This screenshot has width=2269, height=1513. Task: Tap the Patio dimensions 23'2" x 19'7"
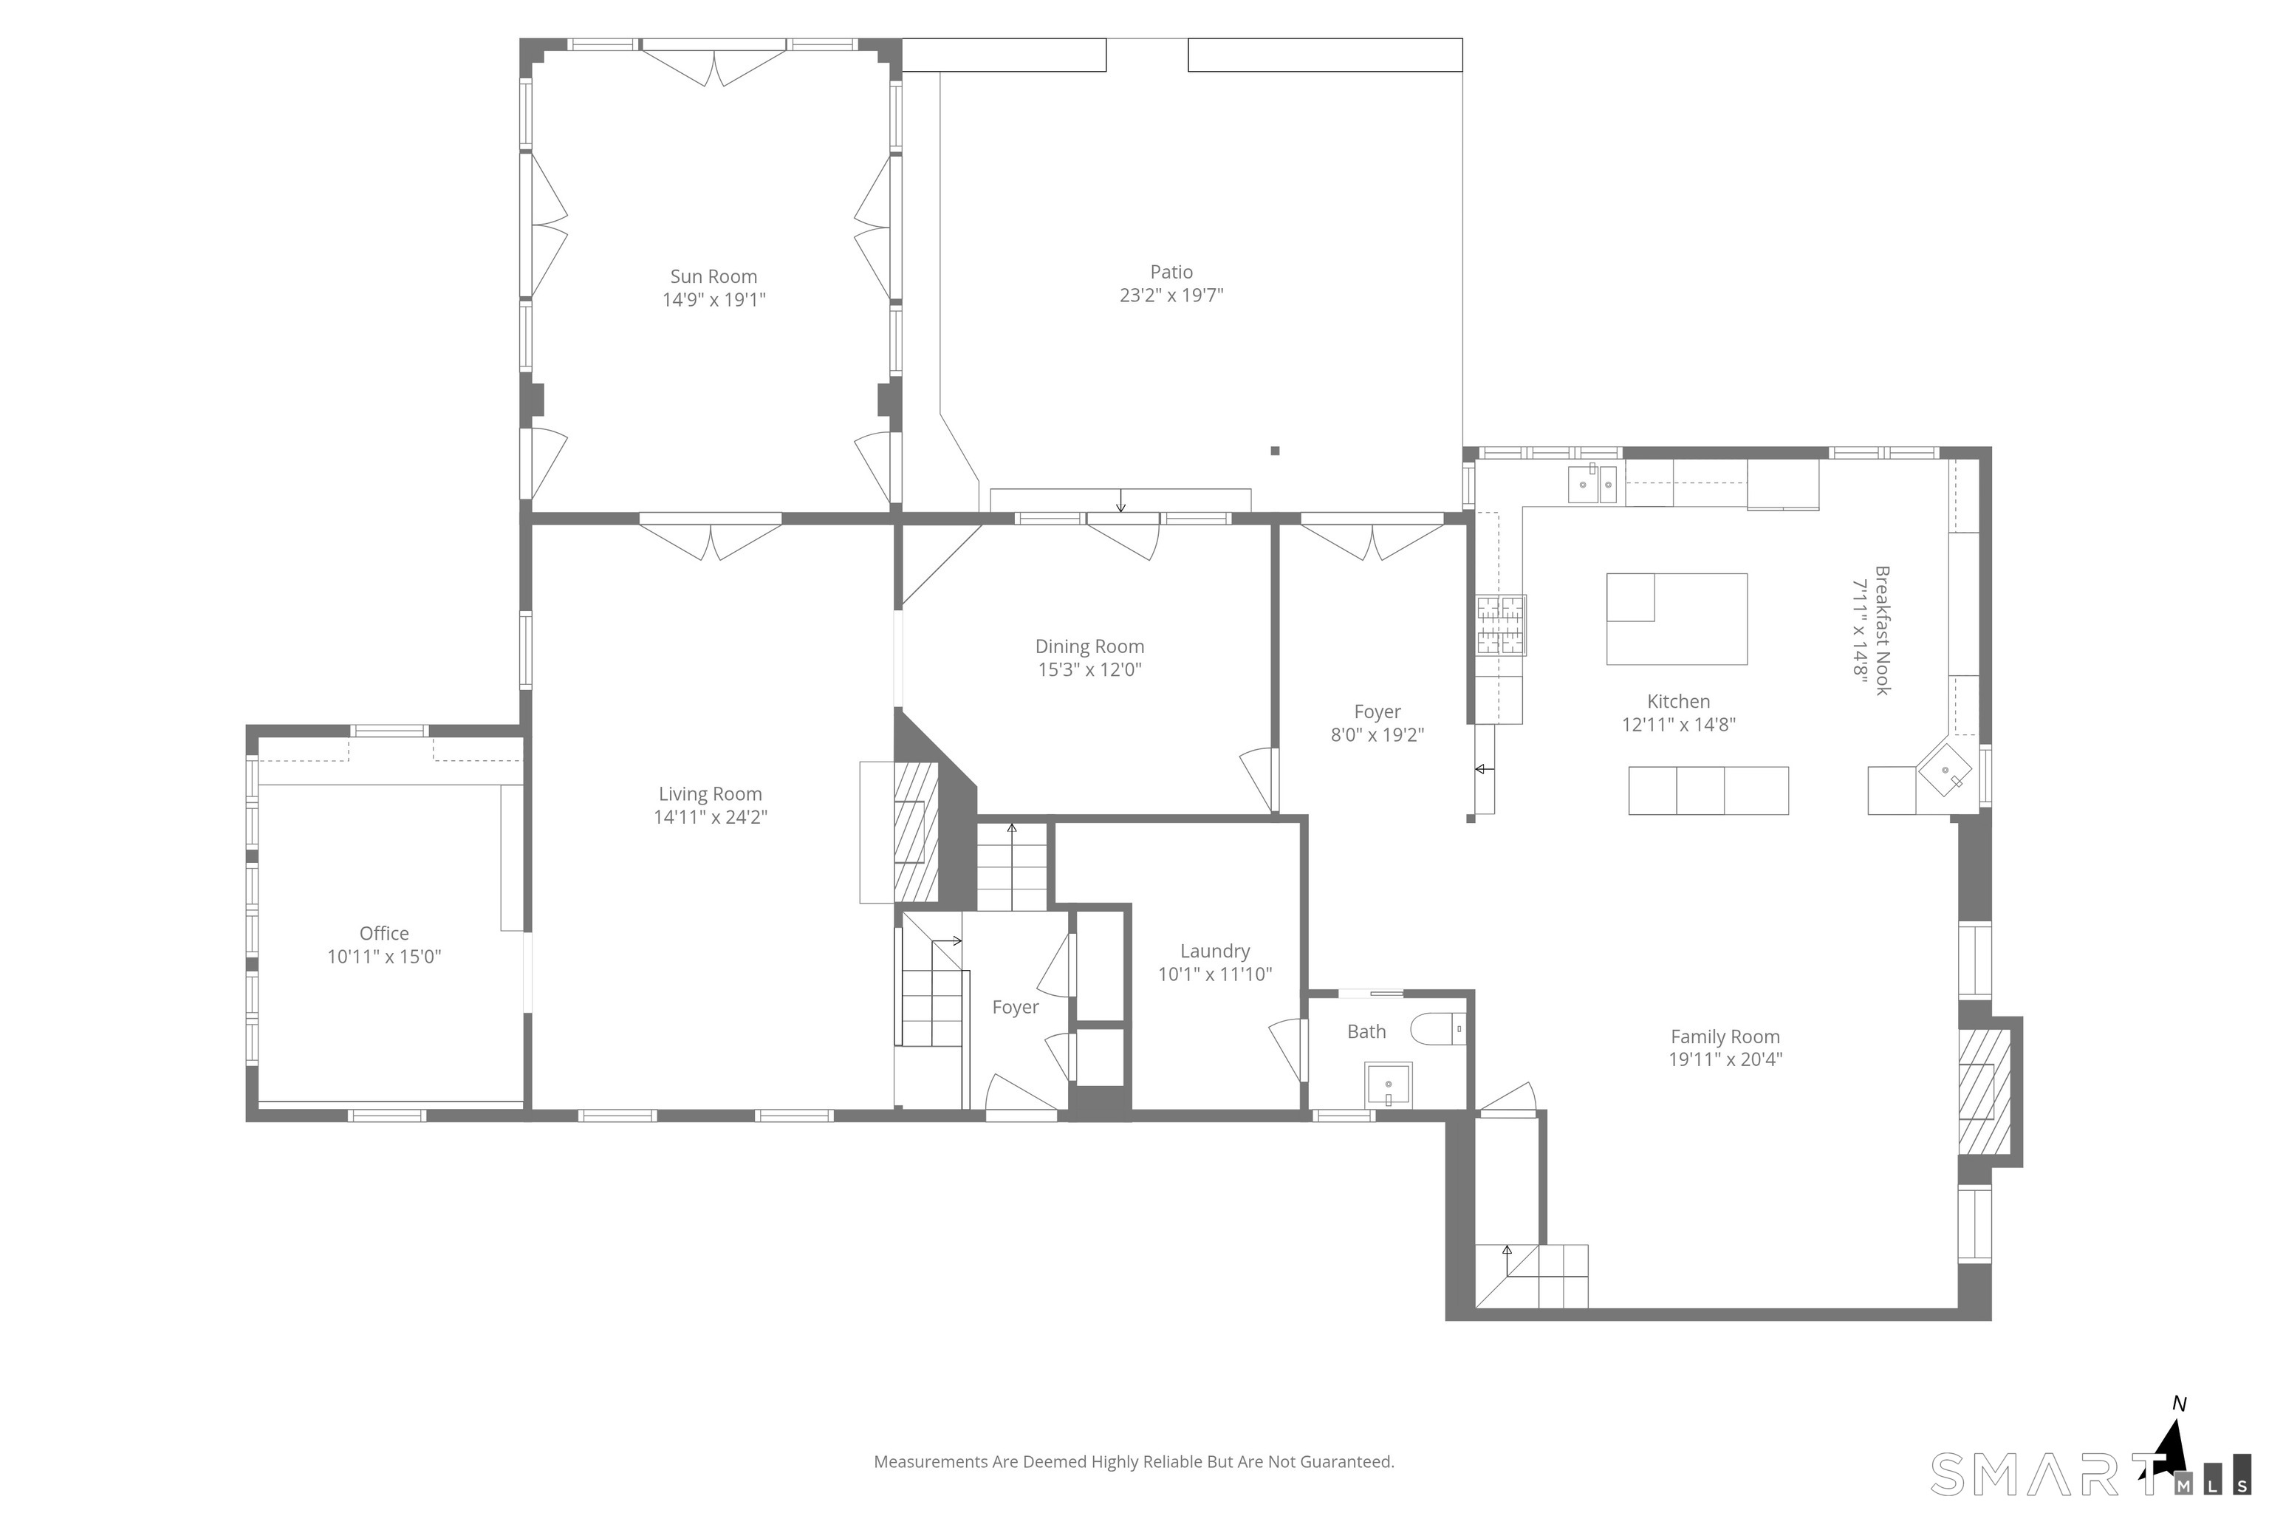[x=1171, y=296]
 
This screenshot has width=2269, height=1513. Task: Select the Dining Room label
[x=1089, y=646]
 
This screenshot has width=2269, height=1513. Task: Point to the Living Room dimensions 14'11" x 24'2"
[x=710, y=817]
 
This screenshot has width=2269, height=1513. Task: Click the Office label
[x=384, y=933]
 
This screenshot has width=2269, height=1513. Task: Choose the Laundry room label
[x=1214, y=952]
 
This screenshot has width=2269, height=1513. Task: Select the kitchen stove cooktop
[x=1500, y=625]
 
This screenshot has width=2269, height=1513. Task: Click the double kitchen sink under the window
[x=1592, y=485]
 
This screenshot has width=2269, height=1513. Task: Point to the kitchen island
[x=1676, y=618]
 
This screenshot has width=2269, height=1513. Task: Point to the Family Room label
[x=1725, y=1036]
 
